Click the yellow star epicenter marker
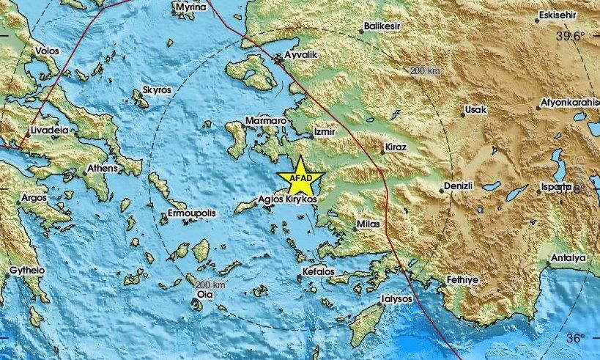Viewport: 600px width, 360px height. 300,178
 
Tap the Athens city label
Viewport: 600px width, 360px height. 102,168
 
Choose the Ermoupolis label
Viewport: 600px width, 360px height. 192,213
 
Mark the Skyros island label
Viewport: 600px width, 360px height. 157,89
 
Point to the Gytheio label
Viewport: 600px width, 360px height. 27,271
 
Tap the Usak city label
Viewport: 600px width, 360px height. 475,110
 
